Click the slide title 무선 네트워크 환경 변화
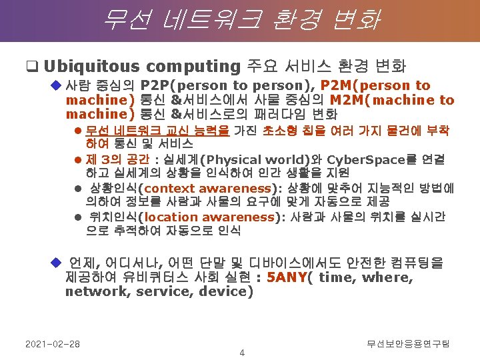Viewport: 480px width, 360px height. [240, 19]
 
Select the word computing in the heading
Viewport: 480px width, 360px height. [192, 66]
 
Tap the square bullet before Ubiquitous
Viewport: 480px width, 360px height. [31, 67]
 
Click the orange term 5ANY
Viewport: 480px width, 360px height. [285, 277]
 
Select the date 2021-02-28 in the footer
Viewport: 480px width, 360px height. [52, 343]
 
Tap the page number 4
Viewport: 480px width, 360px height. [242, 353]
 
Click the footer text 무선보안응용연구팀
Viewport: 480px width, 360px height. [408, 343]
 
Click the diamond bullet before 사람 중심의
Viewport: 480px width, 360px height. [56, 85]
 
